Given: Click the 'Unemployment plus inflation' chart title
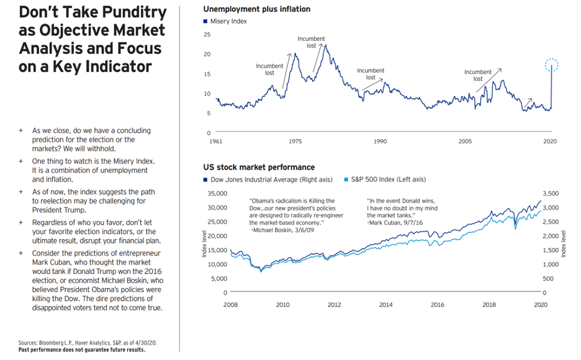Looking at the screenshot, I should pos(256,9).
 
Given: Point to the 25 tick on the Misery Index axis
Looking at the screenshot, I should pos(207,35).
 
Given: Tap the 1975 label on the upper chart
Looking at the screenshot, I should pos(295,142).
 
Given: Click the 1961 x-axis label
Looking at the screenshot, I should pos(216,142).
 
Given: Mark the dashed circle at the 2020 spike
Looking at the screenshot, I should pos(551,64).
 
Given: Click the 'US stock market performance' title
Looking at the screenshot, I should pos(258,167).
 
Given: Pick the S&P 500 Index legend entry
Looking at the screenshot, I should pos(384,179).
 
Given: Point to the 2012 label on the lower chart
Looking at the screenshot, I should pos(335,305).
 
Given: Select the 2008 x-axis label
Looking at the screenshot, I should pos(231,305).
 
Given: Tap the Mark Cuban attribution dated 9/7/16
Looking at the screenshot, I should pos(395,222).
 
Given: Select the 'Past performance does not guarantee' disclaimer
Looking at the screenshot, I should pos(82,350).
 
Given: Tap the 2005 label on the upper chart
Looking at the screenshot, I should pos(465,142).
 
